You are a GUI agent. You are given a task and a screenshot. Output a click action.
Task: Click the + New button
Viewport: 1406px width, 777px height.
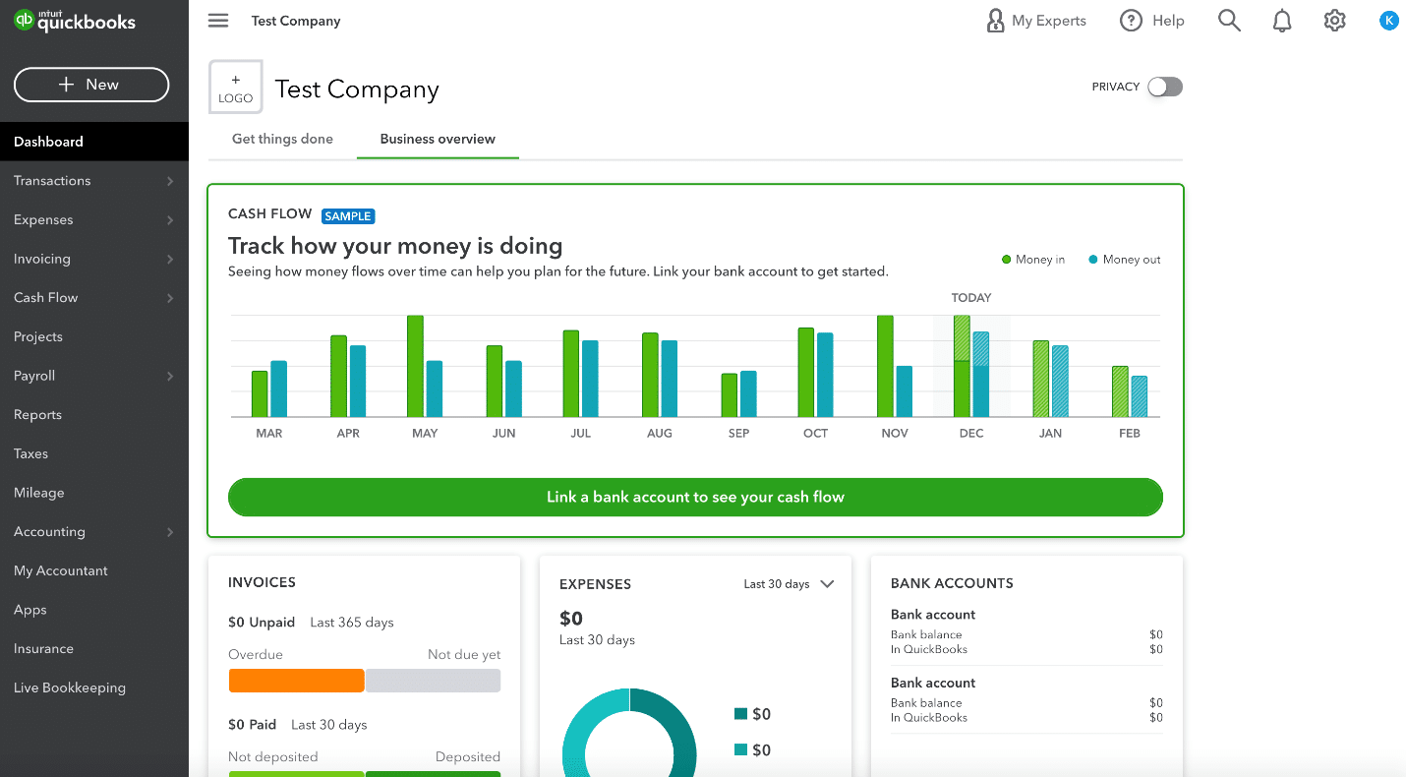(x=91, y=85)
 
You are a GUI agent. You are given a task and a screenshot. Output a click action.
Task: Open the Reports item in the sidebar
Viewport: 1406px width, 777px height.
(x=38, y=415)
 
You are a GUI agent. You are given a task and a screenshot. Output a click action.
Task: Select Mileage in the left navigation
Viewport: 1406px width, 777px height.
(x=39, y=493)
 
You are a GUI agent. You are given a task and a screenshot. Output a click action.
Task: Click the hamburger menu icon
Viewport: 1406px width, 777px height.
(x=218, y=21)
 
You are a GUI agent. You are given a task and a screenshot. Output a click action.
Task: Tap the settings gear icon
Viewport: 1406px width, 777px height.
(x=1334, y=21)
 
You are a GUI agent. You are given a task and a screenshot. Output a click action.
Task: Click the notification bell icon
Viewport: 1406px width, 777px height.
(x=1282, y=21)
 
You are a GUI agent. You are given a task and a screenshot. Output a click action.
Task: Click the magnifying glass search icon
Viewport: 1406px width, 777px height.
(x=1229, y=21)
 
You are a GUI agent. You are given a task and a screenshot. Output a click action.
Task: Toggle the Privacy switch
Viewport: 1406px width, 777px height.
(x=1165, y=87)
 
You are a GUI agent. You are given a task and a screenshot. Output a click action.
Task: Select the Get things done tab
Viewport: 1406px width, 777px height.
(x=282, y=139)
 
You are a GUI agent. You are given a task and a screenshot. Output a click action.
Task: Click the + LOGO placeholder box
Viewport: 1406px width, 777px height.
(x=236, y=88)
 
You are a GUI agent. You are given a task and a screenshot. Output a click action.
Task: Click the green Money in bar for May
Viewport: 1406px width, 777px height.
(x=415, y=366)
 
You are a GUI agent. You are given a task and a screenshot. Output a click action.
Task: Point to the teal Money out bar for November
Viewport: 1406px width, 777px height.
(x=905, y=391)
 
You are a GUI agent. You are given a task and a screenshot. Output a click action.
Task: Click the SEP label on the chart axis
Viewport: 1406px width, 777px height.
(x=738, y=434)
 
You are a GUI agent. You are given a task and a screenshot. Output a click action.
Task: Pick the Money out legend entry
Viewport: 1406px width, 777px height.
(x=1125, y=260)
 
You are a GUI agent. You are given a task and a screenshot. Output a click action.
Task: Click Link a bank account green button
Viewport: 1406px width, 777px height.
(x=695, y=497)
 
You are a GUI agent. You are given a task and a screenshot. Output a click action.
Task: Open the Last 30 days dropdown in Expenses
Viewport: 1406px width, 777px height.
(x=789, y=584)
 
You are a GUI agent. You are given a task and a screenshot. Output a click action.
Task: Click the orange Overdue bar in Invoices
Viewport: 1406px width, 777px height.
(x=296, y=681)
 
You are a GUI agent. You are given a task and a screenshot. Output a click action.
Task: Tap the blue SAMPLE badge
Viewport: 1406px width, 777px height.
(x=348, y=216)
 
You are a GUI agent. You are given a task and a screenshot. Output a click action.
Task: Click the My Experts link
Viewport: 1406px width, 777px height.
(x=1037, y=21)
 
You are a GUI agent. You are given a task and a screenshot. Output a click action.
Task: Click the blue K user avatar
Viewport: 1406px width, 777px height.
(x=1388, y=21)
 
